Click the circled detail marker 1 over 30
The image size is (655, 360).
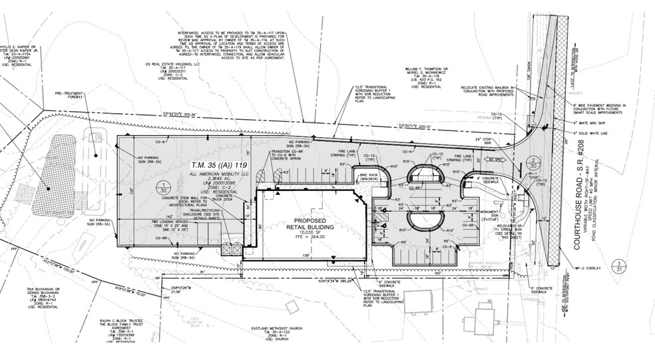point(162,187)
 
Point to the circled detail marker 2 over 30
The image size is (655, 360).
point(533,164)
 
